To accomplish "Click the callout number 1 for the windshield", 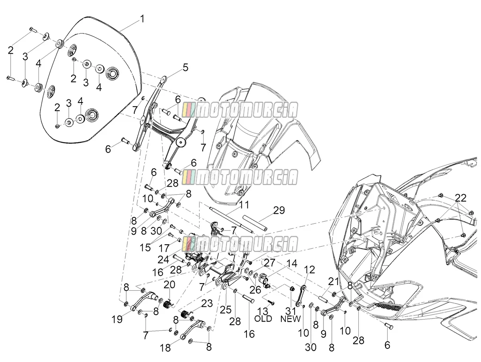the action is pyautogui.click(x=142, y=19).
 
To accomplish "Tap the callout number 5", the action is pyautogui.click(x=186, y=67).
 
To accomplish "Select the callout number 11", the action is pyautogui.click(x=244, y=205).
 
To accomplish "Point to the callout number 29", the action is pyautogui.click(x=279, y=210).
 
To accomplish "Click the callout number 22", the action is pyautogui.click(x=461, y=198).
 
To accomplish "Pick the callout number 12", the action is pyautogui.click(x=309, y=269).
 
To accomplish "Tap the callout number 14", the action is pyautogui.click(x=292, y=263).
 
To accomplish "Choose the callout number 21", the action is pyautogui.click(x=333, y=282).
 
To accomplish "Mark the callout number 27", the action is pyautogui.click(x=269, y=263).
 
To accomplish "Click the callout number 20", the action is pyautogui.click(x=170, y=285).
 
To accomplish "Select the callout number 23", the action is pyautogui.click(x=207, y=304).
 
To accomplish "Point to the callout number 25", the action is pyautogui.click(x=226, y=310).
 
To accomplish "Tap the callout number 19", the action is pyautogui.click(x=117, y=320).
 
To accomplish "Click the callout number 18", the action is pyautogui.click(x=165, y=348).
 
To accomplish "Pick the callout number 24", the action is pyautogui.click(x=164, y=259).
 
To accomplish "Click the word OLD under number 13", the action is pyautogui.click(x=263, y=319).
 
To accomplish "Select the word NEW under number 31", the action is pyautogui.click(x=291, y=319).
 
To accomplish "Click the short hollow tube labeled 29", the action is pyautogui.click(x=255, y=223).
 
